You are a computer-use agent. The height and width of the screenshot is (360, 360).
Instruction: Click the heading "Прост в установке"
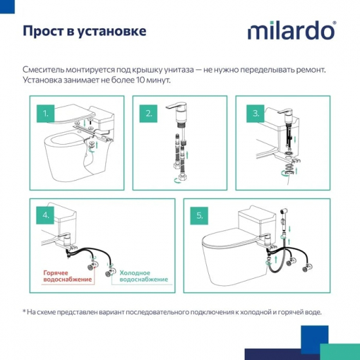click(84, 31)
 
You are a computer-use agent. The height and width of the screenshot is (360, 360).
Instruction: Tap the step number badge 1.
click(46, 113)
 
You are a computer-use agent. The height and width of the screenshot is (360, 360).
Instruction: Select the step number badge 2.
click(149, 113)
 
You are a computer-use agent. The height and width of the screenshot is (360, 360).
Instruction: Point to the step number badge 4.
click(46, 215)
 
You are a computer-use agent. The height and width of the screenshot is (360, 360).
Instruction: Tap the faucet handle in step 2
click(176, 109)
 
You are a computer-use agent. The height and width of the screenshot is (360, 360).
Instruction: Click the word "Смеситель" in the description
click(46, 69)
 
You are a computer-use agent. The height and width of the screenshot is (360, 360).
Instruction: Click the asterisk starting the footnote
click(24, 312)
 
